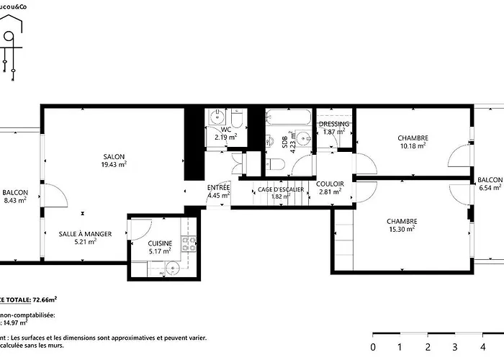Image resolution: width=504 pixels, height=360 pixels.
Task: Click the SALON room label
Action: coord(114,156)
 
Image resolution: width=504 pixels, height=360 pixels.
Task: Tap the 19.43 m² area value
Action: coord(114,164)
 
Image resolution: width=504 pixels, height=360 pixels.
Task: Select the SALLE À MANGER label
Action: coord(85,234)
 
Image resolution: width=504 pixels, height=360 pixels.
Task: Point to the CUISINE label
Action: coord(160,243)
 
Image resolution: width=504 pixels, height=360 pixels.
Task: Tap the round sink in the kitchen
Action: coord(172,269)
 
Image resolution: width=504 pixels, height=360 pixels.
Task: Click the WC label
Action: coord(225,129)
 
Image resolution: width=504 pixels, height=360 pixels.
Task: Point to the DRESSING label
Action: coord(333,124)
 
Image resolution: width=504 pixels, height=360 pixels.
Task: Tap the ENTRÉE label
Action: coord(218,187)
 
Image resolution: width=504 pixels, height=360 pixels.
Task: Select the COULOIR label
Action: coord(330,184)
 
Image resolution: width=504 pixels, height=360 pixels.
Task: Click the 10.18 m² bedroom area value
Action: coord(413,145)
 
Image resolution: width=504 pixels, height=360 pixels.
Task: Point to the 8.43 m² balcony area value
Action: coord(14,200)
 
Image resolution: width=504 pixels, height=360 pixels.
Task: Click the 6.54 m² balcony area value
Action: coord(490,188)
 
